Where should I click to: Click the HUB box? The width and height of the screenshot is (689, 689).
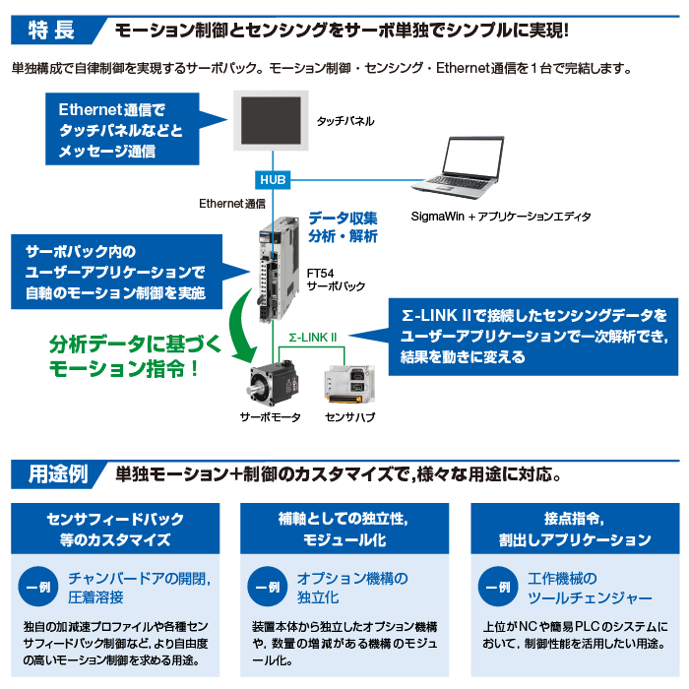click(x=273, y=180)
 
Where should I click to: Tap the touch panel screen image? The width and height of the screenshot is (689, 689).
click(x=271, y=122)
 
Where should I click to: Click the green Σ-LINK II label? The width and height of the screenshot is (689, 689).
click(x=313, y=338)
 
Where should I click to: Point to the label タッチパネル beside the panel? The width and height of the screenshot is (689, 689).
click(x=344, y=121)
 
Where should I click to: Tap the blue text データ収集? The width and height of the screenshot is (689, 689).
click(x=343, y=219)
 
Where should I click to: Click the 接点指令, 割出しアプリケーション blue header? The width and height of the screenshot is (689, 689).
click(x=572, y=529)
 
